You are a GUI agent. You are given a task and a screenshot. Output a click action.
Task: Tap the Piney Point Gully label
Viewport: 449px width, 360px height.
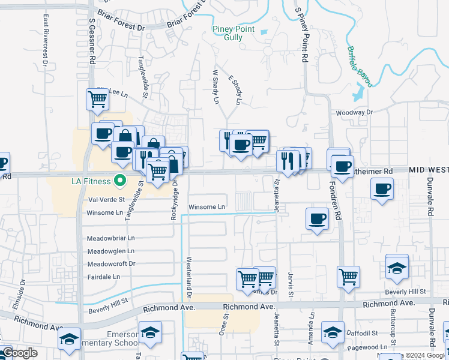(x=234, y=33)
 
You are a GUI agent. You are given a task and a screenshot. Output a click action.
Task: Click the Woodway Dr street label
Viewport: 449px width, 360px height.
(x=354, y=112)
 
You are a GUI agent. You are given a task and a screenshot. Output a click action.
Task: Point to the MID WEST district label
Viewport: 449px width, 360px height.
(x=429, y=170)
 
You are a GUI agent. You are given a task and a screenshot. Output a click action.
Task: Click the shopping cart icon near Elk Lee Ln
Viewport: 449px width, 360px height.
(x=97, y=99)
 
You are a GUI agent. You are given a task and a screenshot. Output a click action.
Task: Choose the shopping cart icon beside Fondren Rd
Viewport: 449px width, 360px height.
(x=348, y=276)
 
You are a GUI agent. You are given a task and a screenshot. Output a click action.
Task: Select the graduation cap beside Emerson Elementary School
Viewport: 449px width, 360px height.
(x=150, y=332)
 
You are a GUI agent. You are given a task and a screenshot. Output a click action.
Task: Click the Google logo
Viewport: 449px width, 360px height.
(x=20, y=353)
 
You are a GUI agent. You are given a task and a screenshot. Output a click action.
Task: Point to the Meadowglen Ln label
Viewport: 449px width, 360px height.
(x=111, y=251)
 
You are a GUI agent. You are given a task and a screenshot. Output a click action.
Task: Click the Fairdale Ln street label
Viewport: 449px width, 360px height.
(x=104, y=277)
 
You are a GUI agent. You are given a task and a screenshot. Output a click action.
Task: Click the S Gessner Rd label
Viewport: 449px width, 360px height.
(x=92, y=41)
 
